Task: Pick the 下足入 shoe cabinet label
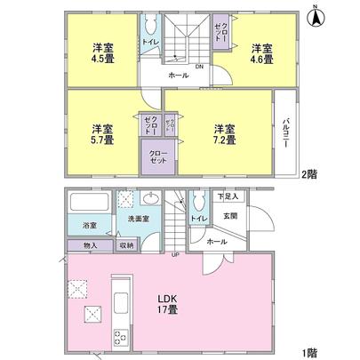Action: pyautogui.click(x=228, y=196)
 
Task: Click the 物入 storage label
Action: pyautogui.click(x=90, y=244)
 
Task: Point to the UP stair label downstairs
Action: pyautogui.click(x=175, y=255)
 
